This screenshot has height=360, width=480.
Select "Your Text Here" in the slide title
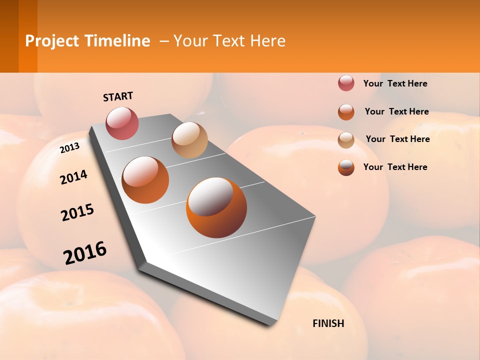(229, 41)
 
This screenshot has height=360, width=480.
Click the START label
(118, 96)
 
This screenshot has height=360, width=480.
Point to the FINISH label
(328, 323)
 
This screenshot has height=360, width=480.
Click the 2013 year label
(69, 147)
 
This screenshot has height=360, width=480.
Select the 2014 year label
(73, 177)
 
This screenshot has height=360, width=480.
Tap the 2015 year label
(77, 213)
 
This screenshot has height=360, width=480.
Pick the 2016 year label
(85, 253)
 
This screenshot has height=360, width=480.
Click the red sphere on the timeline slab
(122, 123)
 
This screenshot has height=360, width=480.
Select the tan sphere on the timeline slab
(189, 140)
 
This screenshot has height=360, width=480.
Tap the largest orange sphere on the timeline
(216, 207)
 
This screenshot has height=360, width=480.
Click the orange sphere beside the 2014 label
(145, 180)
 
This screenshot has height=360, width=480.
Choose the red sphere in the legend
(346, 83)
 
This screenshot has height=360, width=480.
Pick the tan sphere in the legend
(346, 140)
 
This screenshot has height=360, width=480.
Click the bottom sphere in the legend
(346, 167)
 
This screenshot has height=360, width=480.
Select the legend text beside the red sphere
(395, 83)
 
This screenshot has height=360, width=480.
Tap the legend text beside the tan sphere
(397, 139)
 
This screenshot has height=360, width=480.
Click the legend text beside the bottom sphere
(395, 167)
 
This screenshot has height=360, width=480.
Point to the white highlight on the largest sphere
(210, 196)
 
